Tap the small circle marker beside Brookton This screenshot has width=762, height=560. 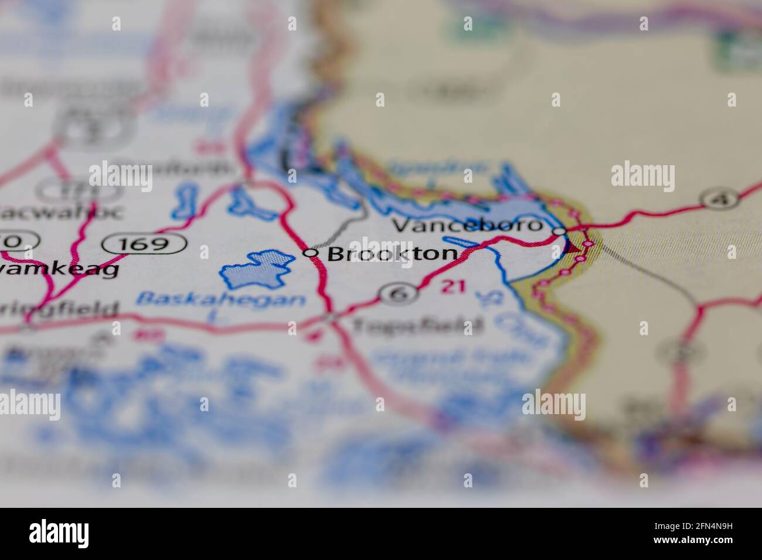click(311, 253)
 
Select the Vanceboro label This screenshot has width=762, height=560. click(465, 226)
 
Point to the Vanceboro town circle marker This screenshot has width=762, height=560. click(560, 231)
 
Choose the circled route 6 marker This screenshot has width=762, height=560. click(399, 293)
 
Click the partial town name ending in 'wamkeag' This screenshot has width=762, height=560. click(59, 269)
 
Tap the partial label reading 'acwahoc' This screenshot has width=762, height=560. click(62, 211)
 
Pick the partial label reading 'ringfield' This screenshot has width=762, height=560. click(59, 309)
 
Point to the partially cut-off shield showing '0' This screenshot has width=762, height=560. click(18, 241)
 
